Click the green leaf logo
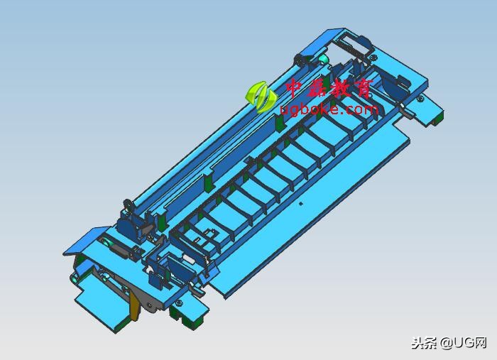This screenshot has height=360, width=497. pyautogui.click(x=261, y=97)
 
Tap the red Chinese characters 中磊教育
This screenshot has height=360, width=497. pyautogui.click(x=329, y=88)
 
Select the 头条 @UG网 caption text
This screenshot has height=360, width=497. pyautogui.click(x=449, y=342)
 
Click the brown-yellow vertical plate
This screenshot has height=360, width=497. pyautogui.click(x=134, y=306)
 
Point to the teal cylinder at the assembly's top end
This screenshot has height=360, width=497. pyautogui.click(x=324, y=59)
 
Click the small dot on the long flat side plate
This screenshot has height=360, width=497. pyautogui.click(x=302, y=204)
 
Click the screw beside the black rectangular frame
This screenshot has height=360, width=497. pyautogui.click(x=374, y=58)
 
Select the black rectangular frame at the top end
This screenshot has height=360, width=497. pyautogui.click(x=354, y=46)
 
